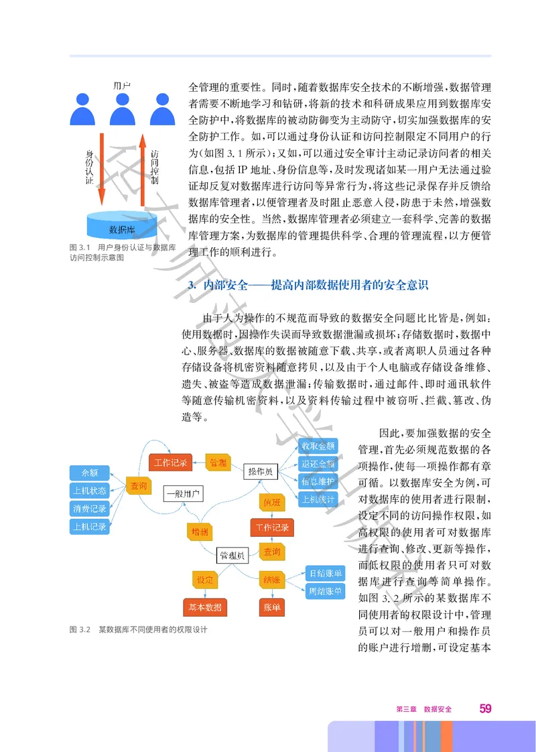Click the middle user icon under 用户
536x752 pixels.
121,108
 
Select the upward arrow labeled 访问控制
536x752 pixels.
143,168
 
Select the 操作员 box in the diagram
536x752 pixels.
260,472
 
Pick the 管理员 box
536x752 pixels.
232,555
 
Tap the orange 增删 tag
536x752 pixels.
199,531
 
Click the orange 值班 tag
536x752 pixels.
271,501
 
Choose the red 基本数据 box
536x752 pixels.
204,607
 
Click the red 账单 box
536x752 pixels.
272,607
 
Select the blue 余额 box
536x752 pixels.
89,472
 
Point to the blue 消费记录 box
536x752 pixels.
89,509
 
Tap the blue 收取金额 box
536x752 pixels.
318,446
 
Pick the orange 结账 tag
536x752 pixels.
272,579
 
